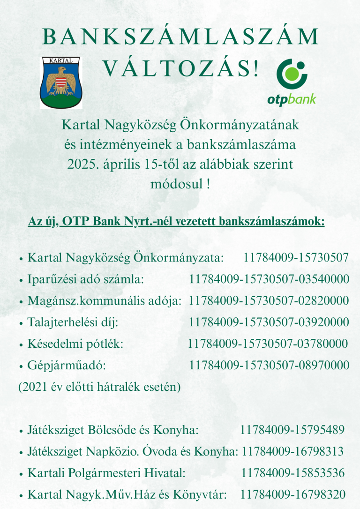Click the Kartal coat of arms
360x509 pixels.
61,82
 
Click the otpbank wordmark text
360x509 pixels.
292,99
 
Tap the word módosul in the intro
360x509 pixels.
176,183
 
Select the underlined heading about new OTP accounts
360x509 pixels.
176,221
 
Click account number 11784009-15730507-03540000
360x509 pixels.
269,280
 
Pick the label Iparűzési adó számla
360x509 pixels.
85,280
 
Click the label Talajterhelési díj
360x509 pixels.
73,322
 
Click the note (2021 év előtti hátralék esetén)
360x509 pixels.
99,387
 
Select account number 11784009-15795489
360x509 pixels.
292,430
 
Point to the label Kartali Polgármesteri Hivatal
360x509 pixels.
107,473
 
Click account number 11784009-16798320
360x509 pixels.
293,494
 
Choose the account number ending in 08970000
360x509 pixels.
269,365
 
